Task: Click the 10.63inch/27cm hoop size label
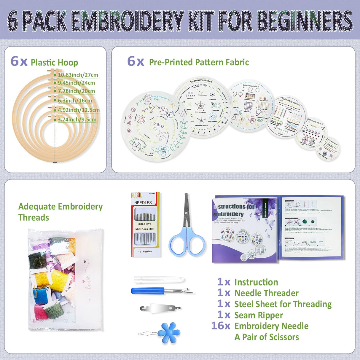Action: click(x=78, y=75)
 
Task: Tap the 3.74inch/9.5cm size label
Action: click(x=77, y=120)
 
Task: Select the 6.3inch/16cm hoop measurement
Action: click(x=75, y=101)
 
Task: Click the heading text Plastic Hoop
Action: click(x=54, y=62)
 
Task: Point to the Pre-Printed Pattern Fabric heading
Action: click(x=199, y=62)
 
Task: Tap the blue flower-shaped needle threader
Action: click(x=168, y=333)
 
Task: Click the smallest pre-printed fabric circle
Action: click(x=328, y=148)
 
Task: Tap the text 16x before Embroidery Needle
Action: click(x=221, y=326)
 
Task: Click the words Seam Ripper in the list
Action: click(x=259, y=315)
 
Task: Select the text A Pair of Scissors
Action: click(x=267, y=337)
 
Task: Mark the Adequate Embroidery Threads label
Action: click(x=60, y=212)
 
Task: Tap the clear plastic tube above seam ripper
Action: click(x=159, y=280)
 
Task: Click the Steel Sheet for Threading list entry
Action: click(x=283, y=304)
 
